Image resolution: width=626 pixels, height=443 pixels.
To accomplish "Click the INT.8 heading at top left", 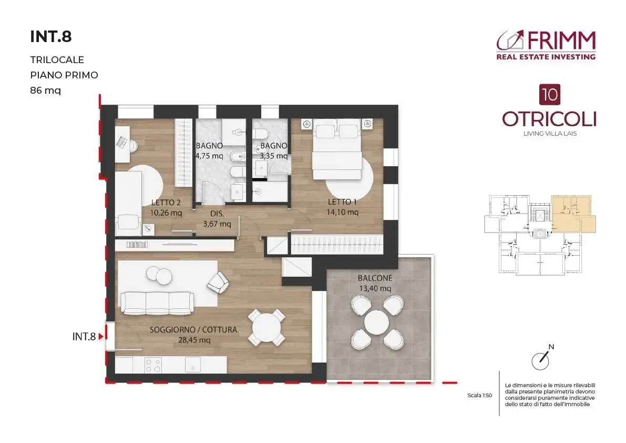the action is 50,37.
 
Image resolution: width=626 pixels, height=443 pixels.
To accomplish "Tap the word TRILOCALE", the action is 57,60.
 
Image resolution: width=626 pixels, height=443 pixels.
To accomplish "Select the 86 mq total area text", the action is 46,90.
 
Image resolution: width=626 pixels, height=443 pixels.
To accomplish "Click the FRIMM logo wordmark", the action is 561,40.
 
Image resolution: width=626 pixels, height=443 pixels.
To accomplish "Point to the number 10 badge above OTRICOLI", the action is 550,95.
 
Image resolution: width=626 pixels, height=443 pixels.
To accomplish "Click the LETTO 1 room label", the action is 342,202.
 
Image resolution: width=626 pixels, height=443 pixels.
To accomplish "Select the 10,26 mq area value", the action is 166,213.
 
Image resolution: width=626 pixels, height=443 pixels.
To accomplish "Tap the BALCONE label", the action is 375,278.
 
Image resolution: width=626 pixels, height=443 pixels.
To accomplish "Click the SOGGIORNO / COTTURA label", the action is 193,330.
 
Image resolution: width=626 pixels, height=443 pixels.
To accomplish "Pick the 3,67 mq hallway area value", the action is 217,224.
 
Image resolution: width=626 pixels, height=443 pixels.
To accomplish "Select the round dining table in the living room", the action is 266,327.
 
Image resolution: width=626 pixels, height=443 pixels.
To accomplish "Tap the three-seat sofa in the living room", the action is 157,303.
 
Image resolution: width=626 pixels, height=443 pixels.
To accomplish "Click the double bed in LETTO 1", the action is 337,149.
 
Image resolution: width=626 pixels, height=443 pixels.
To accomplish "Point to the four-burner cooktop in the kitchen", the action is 153,365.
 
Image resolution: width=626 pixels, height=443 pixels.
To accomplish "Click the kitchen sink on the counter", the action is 193,365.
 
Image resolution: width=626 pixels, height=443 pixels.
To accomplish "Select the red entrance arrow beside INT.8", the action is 101,337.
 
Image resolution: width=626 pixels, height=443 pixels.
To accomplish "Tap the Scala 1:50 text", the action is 479,396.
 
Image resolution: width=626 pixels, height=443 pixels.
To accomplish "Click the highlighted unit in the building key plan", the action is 571,214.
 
